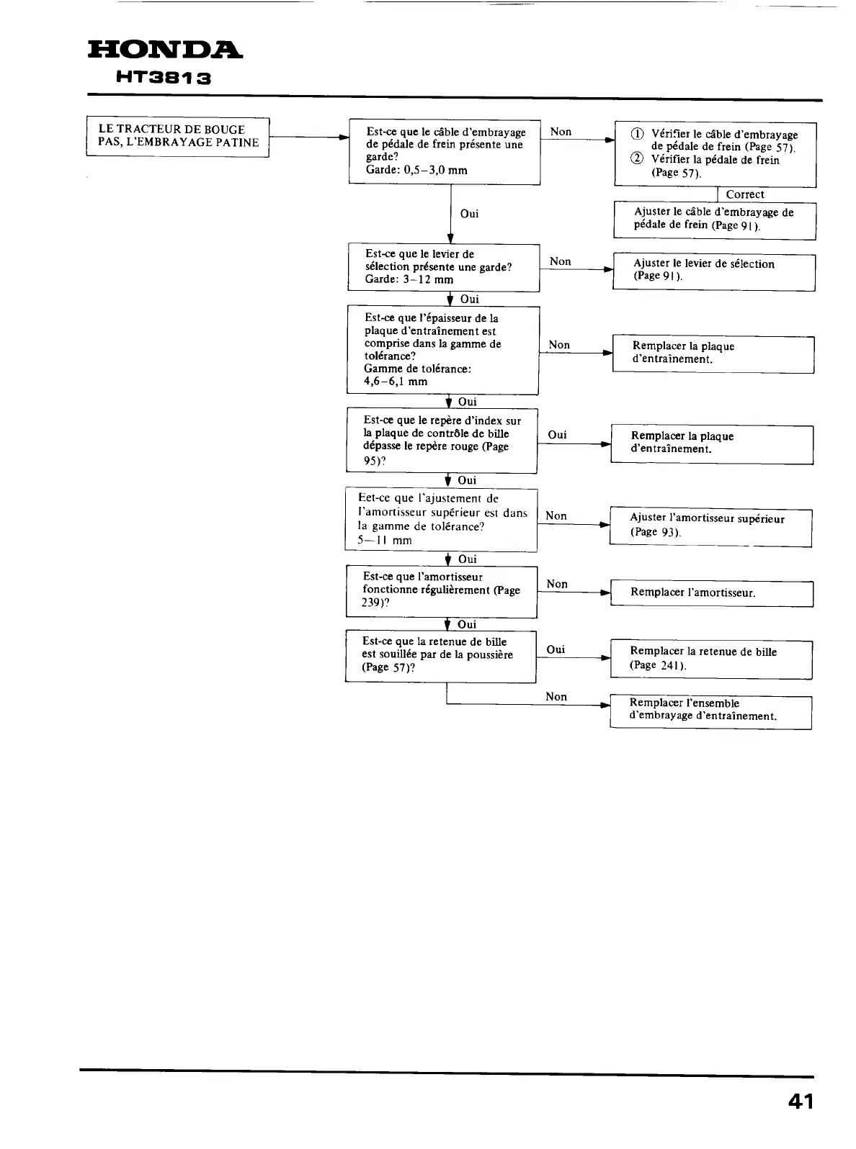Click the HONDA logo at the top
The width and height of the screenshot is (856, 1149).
point(165,51)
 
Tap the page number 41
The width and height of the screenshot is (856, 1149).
point(800,1102)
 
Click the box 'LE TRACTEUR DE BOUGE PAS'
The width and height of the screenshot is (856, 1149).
point(178,136)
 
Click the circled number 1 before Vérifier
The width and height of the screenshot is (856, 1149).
point(636,135)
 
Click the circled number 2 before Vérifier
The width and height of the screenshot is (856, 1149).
point(636,160)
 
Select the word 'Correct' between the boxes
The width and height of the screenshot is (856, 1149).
point(745,194)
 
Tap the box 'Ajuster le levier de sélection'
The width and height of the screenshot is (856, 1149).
point(713,271)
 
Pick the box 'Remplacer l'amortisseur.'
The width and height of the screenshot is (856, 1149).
point(711,593)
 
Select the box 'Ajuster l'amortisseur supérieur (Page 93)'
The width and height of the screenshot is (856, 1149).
point(710,526)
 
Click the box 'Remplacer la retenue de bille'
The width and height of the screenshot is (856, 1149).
point(711,659)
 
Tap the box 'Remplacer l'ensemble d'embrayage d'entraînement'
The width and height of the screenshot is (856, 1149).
point(710,711)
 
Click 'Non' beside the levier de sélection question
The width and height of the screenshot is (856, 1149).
point(560,261)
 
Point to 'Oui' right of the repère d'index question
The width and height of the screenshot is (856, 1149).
point(557,435)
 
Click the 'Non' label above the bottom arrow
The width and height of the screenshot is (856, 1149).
point(556,696)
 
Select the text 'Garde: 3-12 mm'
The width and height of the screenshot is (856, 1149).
point(409,279)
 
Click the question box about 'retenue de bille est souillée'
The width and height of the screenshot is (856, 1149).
point(440,655)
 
